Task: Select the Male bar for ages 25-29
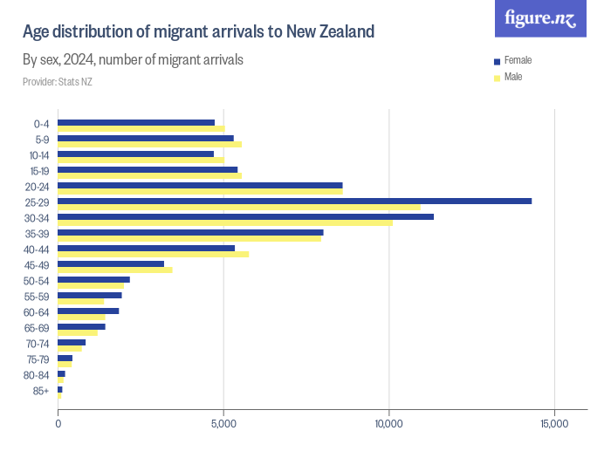coord(238,208)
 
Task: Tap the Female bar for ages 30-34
coord(245,217)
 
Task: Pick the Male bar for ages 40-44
coord(153,255)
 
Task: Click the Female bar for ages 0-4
coord(136,123)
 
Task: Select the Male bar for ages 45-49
coord(114,270)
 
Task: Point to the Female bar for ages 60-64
coord(88,311)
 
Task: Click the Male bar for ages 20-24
coord(200,192)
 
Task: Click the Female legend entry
coord(517,60)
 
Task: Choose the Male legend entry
coord(513,77)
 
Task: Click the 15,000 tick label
coord(554,424)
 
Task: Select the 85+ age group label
coord(40,391)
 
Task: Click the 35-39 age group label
coord(38,234)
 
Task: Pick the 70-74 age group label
coord(38,344)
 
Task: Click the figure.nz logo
coord(540,18)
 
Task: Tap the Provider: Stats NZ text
coord(58,82)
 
